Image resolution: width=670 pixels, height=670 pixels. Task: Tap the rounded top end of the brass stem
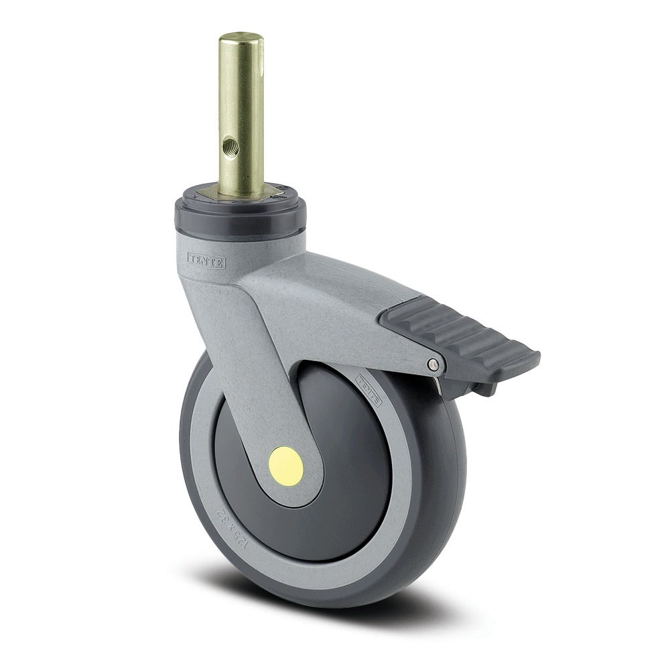click(x=241, y=38)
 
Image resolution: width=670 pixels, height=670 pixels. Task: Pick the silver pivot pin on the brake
click(x=433, y=364)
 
